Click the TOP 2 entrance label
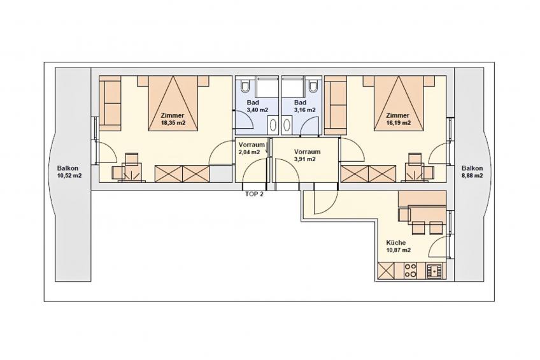[x=254, y=194]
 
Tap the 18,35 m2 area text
[x=173, y=122]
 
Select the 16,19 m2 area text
[x=398, y=122]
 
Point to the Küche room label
[x=395, y=243]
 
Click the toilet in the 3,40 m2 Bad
[x=245, y=85]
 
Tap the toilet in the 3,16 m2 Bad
[x=313, y=85]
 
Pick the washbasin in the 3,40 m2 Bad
[x=273, y=124]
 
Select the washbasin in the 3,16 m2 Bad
[x=287, y=124]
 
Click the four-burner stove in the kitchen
[x=410, y=270]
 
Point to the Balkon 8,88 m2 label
[x=472, y=172]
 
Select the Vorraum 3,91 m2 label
[x=307, y=155]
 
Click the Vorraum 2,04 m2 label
[x=252, y=148]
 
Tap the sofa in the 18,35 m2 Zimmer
[x=110, y=103]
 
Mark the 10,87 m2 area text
[x=399, y=250]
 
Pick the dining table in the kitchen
[x=427, y=214]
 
